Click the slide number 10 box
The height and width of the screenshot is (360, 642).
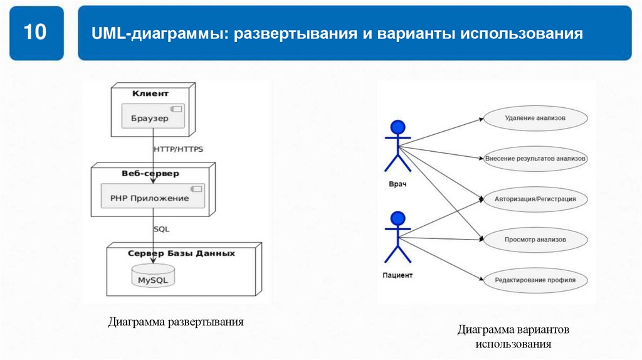click(x=36, y=33)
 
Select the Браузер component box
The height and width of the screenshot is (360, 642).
click(x=153, y=117)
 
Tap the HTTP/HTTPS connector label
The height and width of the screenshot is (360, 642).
click(x=178, y=149)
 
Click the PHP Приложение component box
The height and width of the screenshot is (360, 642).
click(x=153, y=197)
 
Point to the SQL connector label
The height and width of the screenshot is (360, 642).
click(x=162, y=229)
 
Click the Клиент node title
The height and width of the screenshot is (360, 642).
click(x=150, y=93)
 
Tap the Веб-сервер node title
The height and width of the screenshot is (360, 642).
click(x=150, y=173)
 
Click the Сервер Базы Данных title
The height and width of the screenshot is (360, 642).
click(x=181, y=253)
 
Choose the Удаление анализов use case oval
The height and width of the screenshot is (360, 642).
click(x=535, y=118)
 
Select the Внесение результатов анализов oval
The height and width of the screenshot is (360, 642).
click(x=535, y=159)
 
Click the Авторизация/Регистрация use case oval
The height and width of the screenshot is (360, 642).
click(x=535, y=199)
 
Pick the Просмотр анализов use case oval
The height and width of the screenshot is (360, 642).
click(x=535, y=240)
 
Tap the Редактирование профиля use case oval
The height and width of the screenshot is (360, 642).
click(x=535, y=280)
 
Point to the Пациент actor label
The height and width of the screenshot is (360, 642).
click(x=397, y=275)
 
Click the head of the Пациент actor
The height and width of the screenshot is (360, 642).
click(x=397, y=219)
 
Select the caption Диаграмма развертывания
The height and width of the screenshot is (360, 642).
click(x=176, y=322)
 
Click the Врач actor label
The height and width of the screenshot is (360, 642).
click(x=397, y=184)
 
